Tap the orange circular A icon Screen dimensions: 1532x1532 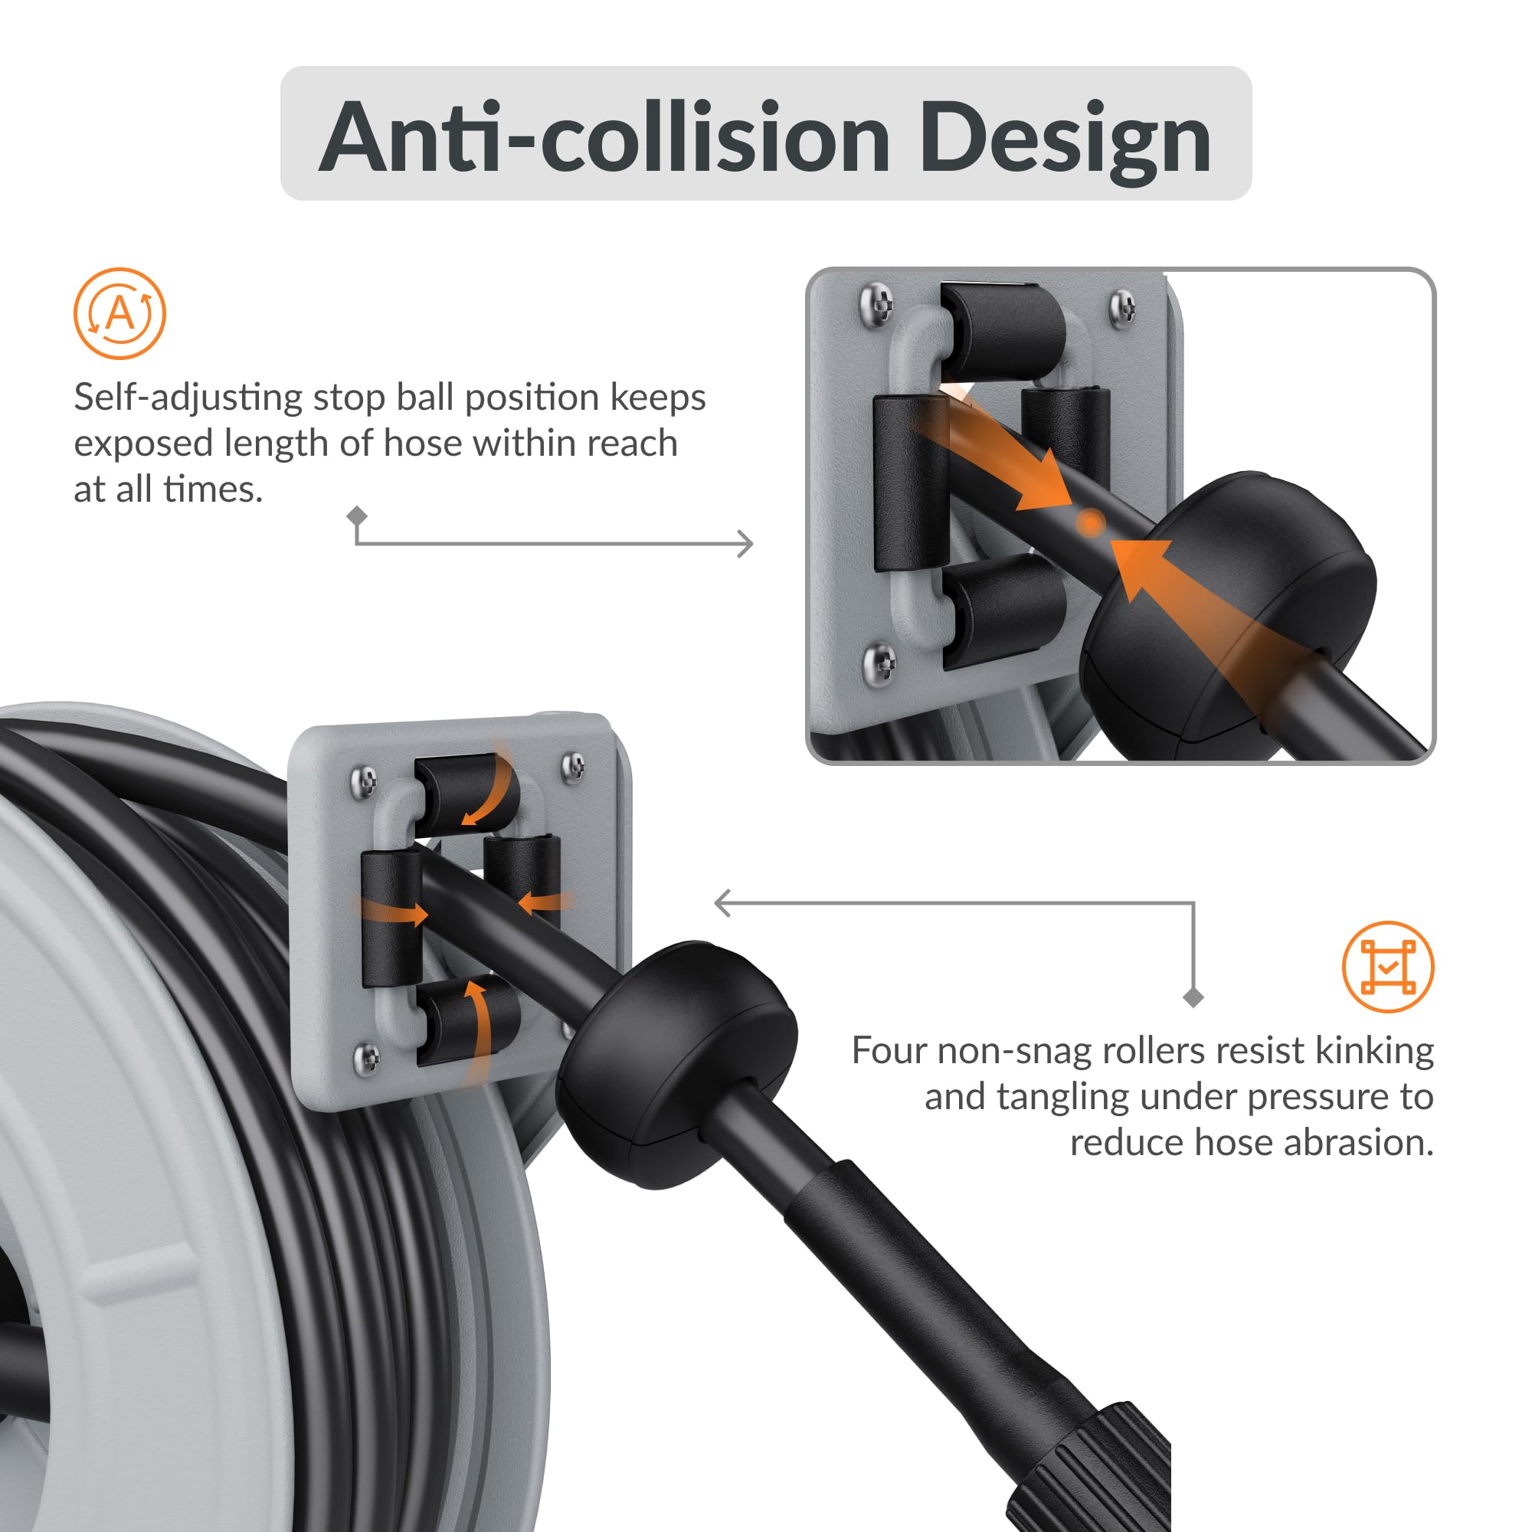[119, 313]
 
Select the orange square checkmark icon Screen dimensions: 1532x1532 [1388, 967]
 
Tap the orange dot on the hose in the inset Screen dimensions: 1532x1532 [1091, 522]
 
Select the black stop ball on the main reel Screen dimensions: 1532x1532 [678, 1062]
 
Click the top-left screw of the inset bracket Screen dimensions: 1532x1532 [876, 302]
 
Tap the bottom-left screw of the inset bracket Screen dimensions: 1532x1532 [880, 660]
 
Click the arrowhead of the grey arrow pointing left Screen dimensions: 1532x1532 [722, 902]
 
